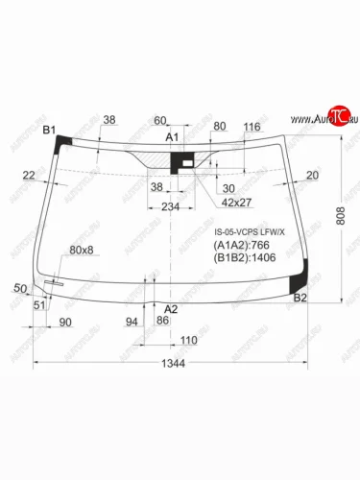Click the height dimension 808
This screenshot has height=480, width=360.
click(x=343, y=219)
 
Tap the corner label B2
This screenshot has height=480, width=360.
click(x=300, y=299)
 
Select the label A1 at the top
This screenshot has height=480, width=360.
click(x=173, y=138)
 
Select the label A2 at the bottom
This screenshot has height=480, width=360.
click(x=171, y=308)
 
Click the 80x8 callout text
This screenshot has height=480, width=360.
click(x=83, y=250)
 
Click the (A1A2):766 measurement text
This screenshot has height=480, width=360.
click(x=242, y=246)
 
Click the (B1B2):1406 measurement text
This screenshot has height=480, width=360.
click(x=246, y=258)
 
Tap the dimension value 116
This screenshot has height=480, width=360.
click(x=252, y=127)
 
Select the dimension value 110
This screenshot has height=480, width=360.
click(x=188, y=341)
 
